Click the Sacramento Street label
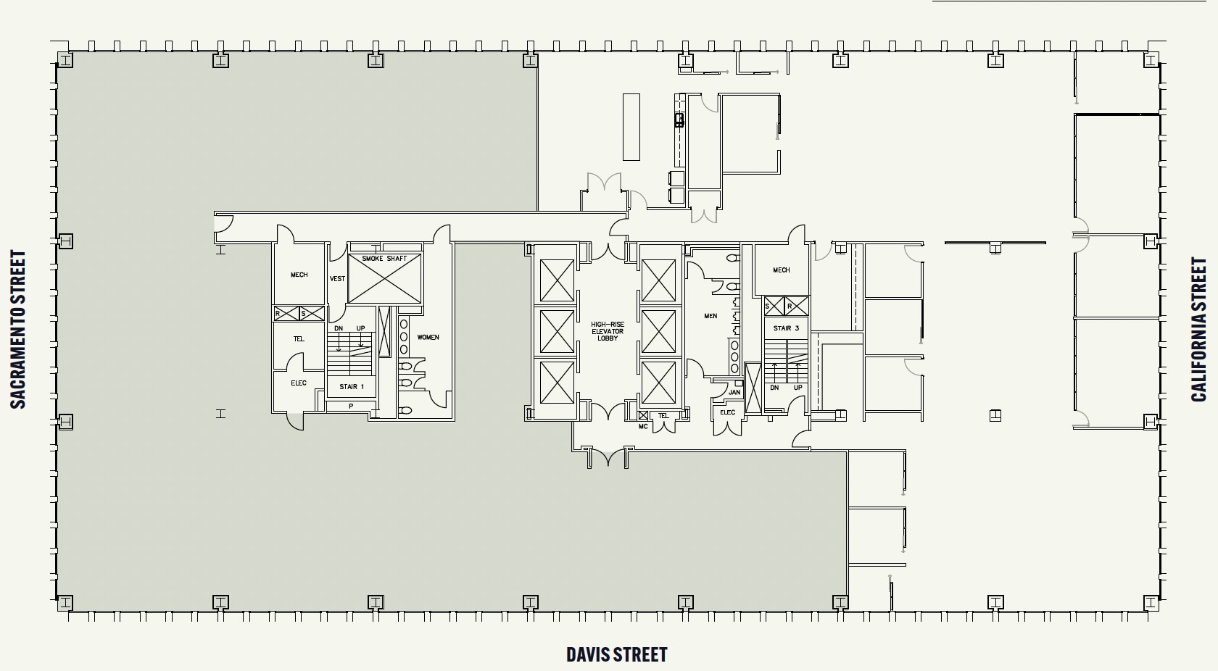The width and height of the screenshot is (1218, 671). tap(18, 330)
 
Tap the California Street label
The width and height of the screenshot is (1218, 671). tap(1199, 330)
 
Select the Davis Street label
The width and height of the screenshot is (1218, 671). tap(616, 655)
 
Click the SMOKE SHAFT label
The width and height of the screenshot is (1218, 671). tap(384, 259)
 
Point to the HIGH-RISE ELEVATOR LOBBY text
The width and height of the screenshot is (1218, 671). tap(608, 331)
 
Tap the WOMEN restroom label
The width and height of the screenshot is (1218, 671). tap(428, 337)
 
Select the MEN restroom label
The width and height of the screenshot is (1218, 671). tap(710, 316)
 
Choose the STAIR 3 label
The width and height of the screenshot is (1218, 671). tap(786, 328)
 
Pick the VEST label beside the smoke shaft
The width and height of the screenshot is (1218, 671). tap(337, 279)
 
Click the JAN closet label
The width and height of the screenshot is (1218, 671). tap(734, 393)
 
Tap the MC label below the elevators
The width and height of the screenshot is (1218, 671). tap(642, 426)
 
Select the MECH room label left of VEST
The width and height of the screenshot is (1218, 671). tap(299, 275)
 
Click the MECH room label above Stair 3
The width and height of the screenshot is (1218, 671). tap(781, 270)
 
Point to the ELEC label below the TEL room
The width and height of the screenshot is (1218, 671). tap(299, 383)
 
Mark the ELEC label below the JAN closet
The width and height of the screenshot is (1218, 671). tap(727, 413)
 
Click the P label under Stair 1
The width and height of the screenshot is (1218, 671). tap(351, 407)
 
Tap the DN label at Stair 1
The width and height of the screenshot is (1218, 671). tap(338, 329)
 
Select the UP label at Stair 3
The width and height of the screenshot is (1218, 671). tap(798, 388)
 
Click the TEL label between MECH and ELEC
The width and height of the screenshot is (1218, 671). tap(299, 339)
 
